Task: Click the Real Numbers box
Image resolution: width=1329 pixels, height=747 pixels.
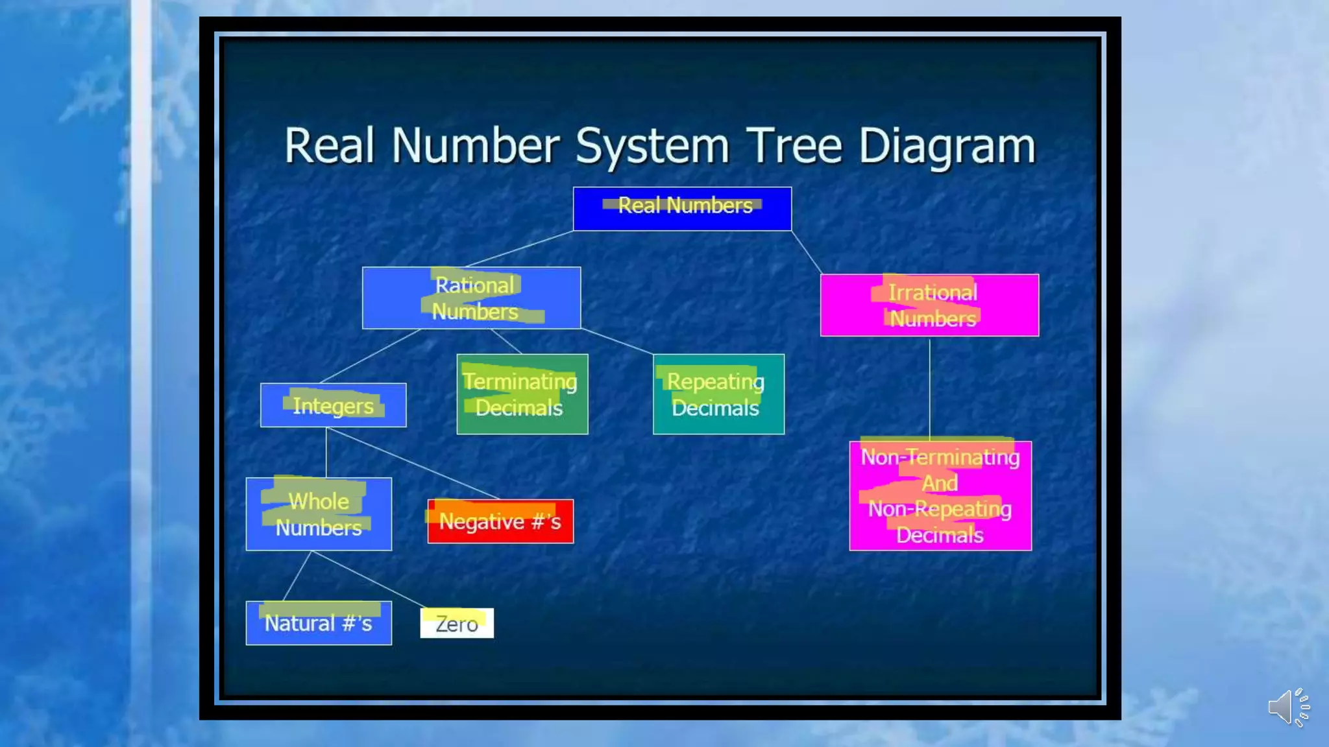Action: pyautogui.click(x=682, y=209)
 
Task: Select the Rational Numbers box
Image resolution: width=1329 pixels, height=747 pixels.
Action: pyautogui.click(x=471, y=298)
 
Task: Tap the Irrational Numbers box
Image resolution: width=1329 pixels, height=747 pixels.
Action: pyautogui.click(x=929, y=305)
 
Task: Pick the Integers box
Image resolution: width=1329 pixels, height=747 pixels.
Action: pyautogui.click(x=333, y=405)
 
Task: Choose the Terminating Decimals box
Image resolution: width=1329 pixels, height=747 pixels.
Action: pyautogui.click(x=522, y=394)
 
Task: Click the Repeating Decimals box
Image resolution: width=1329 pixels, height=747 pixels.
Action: pyautogui.click(x=718, y=394)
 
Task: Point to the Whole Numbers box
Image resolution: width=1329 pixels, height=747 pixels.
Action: pyautogui.click(x=319, y=514)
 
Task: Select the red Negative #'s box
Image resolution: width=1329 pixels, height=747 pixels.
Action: pyautogui.click(x=500, y=521)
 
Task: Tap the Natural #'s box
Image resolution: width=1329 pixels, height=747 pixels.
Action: pyautogui.click(x=319, y=623)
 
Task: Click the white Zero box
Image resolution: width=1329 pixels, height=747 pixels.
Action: pyautogui.click(x=457, y=623)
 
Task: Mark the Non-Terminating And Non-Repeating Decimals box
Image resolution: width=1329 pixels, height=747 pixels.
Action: pyautogui.click(x=940, y=496)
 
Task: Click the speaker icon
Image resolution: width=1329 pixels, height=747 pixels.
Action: pyautogui.click(x=1288, y=707)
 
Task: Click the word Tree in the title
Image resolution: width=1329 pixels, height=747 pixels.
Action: pyautogui.click(x=794, y=146)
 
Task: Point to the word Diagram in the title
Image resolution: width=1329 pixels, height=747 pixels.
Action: pyautogui.click(x=947, y=146)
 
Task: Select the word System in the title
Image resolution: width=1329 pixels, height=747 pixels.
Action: pyautogui.click(x=652, y=146)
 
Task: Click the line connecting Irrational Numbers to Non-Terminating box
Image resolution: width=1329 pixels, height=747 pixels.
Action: pyautogui.click(x=929, y=389)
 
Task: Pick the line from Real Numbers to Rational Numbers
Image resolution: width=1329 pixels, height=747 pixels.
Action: pyautogui.click(x=519, y=249)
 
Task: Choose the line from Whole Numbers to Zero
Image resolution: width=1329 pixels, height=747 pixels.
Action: pyautogui.click(x=367, y=579)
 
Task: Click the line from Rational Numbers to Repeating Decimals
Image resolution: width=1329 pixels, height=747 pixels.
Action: pyautogui.click(x=616, y=341)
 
